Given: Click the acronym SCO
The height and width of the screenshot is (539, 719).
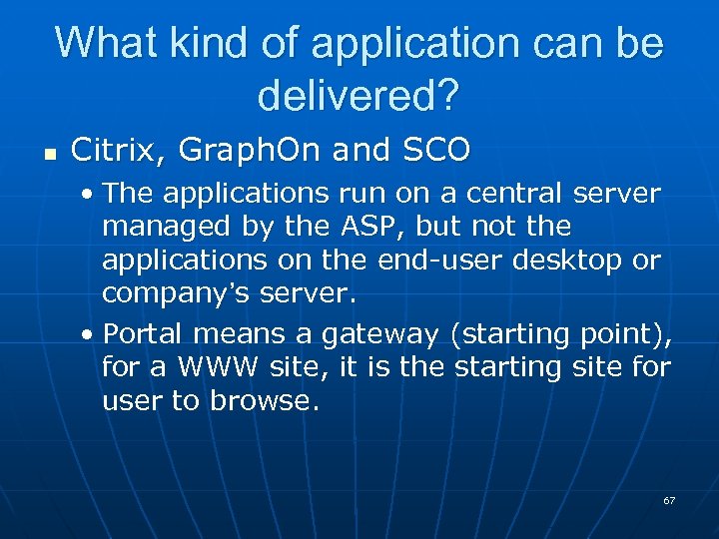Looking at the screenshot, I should pos(436,151).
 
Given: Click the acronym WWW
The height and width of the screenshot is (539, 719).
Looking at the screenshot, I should pos(221,366).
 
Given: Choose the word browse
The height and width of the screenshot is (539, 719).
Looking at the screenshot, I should pos(261,400).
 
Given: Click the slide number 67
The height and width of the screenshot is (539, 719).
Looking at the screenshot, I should pos(669,500).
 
